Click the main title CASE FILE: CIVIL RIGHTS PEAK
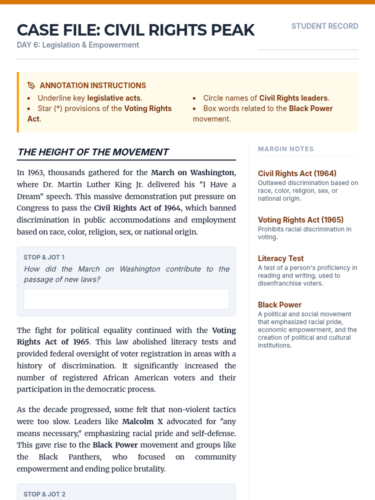tap(136, 30)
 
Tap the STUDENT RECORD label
tap(325, 26)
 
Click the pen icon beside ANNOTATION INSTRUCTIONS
tap(31, 85)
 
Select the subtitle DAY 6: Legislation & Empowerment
tap(78, 45)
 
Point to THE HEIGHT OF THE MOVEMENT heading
tap(93, 152)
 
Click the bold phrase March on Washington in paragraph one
tap(192, 172)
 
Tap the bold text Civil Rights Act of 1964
tap(137, 208)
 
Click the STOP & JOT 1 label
tap(44, 257)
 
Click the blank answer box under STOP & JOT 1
tap(126, 299)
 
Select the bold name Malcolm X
tap(142, 422)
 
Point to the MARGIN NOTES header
tap(286, 149)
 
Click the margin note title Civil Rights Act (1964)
tap(297, 173)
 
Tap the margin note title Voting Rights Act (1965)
tap(301, 220)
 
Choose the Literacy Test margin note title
tap(281, 258)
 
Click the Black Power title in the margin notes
tap(280, 305)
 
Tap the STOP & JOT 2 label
tap(44, 494)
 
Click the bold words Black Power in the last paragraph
tap(115, 445)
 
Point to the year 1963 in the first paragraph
tap(35, 172)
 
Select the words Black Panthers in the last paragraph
tap(70, 457)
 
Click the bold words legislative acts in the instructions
tap(114, 98)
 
